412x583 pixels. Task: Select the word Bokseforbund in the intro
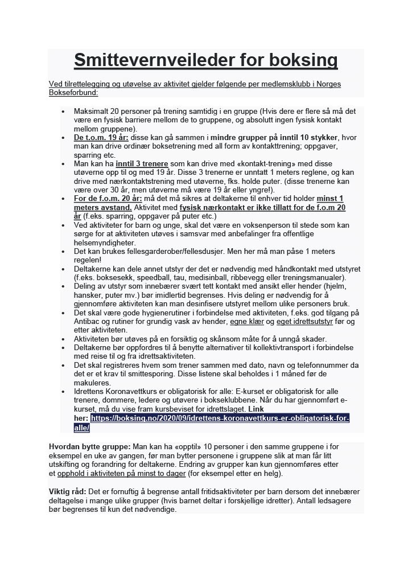73,92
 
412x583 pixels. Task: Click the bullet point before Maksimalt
63,112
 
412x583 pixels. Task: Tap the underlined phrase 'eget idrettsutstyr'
304,322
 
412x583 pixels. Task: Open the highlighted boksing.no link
219,418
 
